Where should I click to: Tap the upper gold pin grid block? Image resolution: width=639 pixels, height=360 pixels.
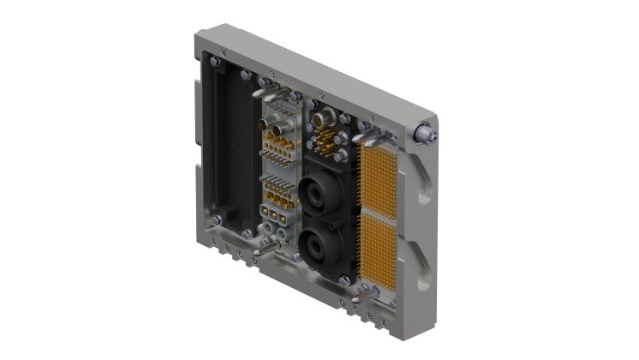coord(379,178)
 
